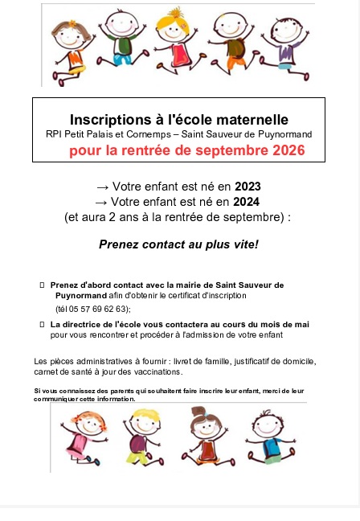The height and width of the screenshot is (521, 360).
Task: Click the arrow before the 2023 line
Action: (102, 187)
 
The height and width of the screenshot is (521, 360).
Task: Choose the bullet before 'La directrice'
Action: (42, 323)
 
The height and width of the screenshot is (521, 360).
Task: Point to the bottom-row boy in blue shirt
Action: (265, 434)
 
